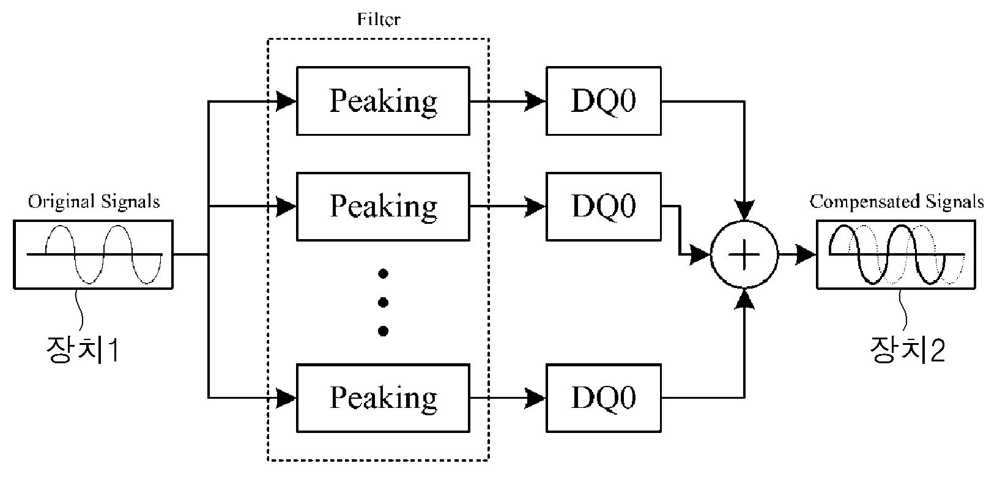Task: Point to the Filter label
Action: point(379,19)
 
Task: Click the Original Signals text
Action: point(94,202)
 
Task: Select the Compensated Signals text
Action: point(897,202)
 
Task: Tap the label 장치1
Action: point(83,349)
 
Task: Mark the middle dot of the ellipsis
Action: point(384,303)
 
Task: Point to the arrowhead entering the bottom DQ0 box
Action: point(535,398)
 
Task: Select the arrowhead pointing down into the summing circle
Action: point(744,210)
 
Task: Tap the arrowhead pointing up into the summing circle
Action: point(744,299)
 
